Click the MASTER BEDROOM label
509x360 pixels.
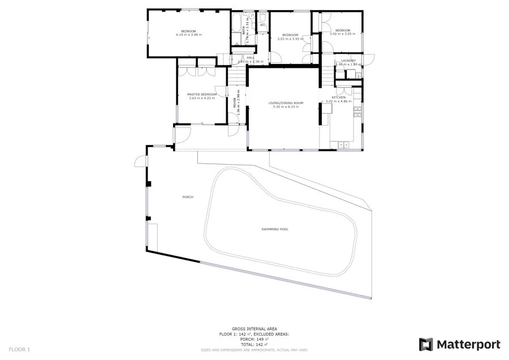pos(202,94)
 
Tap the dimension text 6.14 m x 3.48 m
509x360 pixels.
pos(188,35)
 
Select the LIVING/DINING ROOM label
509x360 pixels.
pos(286,103)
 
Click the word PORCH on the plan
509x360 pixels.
pos(188,197)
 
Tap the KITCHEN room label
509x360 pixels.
pos(339,98)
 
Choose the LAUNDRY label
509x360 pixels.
pos(348,61)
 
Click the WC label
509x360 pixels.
pos(262,25)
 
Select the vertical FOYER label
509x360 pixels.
pos(235,104)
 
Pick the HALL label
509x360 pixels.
pos(250,58)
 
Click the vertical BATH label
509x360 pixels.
pos(244,31)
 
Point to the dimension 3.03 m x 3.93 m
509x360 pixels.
pos(290,39)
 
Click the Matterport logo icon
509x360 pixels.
pos(426,344)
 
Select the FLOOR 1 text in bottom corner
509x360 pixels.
pos(19,349)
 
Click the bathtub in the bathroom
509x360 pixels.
pos(236,24)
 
